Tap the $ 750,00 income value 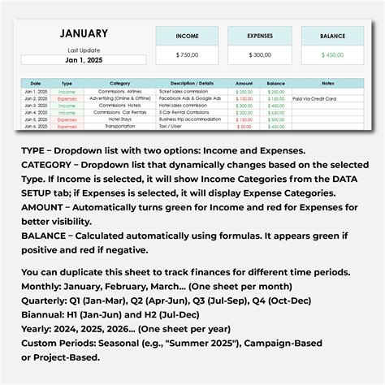pyautogui.click(x=187, y=54)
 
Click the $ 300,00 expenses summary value pyautogui.click(x=259, y=54)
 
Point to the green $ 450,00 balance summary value pyautogui.click(x=332, y=54)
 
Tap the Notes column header pyautogui.click(x=327, y=83)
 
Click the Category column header pyautogui.click(x=120, y=83)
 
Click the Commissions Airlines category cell pyautogui.click(x=120, y=92)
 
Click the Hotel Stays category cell pyautogui.click(x=120, y=119)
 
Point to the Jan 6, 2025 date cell pyautogui.click(x=36, y=126)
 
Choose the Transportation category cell pyautogui.click(x=120, y=126)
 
